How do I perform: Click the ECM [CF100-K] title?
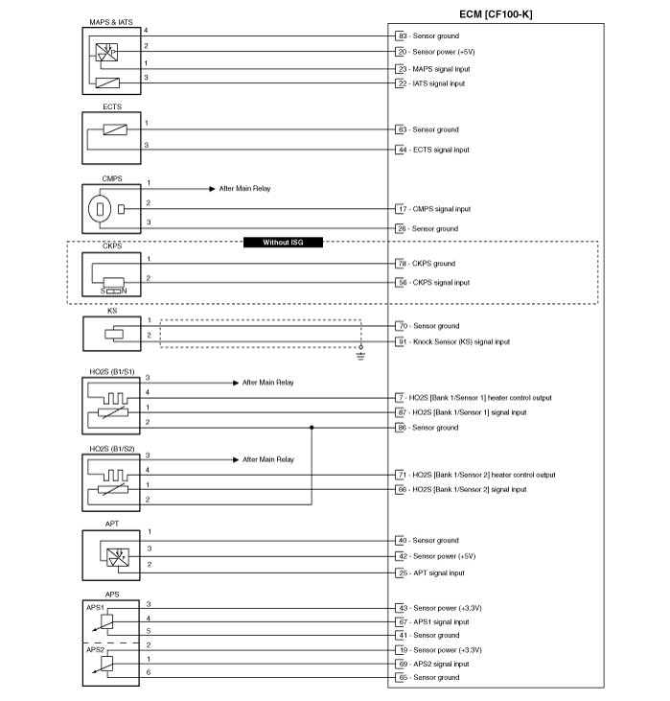coord(496,14)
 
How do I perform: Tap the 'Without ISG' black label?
coord(283,243)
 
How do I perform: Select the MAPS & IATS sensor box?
coord(111,60)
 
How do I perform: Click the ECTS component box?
coord(111,138)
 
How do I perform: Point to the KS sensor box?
coord(112,334)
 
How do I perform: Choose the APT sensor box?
coord(111,555)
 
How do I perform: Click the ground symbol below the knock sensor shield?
coord(360,356)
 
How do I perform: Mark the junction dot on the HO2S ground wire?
coord(312,428)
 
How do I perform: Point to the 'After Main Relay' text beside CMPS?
coord(245,189)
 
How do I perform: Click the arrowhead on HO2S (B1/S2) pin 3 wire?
coord(236,459)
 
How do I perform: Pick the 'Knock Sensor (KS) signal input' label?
coord(461,342)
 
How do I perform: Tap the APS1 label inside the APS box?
coord(95,608)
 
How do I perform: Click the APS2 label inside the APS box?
coord(95,649)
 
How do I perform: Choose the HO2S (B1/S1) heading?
coord(112,371)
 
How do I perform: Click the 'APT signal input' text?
coord(439,573)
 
